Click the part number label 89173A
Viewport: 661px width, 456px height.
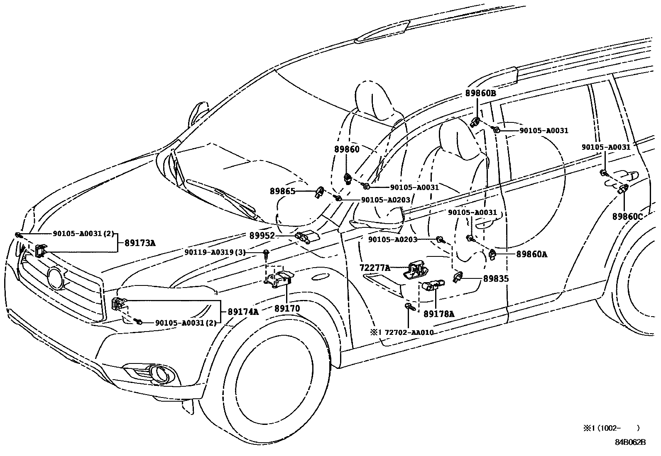point(140,243)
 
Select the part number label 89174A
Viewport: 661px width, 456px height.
point(243,312)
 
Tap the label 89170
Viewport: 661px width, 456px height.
point(286,309)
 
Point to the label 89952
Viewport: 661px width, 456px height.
point(262,236)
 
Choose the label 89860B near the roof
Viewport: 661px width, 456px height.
point(480,94)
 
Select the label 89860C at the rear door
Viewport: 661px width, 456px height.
point(627,217)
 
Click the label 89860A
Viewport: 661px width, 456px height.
point(532,255)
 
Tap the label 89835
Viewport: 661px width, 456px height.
point(496,279)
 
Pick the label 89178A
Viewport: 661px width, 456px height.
point(439,314)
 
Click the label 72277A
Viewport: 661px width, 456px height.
point(375,268)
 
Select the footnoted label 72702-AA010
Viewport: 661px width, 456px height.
point(409,332)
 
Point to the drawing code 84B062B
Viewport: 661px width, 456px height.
point(630,442)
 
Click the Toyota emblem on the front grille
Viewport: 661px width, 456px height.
point(54,278)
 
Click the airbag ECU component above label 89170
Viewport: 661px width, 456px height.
point(279,278)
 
